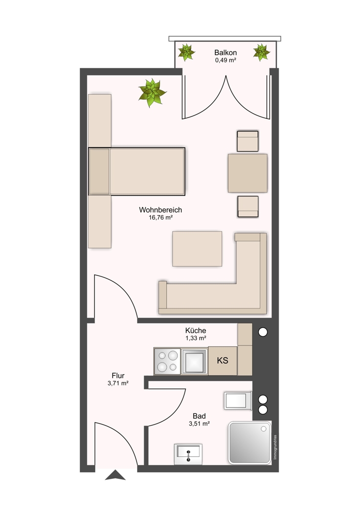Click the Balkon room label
pyautogui.click(x=225, y=53)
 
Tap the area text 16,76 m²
pyautogui.click(x=161, y=217)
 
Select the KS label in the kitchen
pyautogui.click(x=222, y=360)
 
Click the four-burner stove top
pyautogui.click(x=167, y=361)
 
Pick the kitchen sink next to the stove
pyautogui.click(x=194, y=361)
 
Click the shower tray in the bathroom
pyautogui.click(x=250, y=442)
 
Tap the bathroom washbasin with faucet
pyautogui.click(x=188, y=454)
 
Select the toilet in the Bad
pyautogui.click(x=238, y=401)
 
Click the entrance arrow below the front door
pyautogui.click(x=115, y=475)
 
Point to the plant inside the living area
pyautogui.click(x=152, y=92)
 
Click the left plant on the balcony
pyautogui.click(x=187, y=52)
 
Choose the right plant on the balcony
pyautogui.click(x=261, y=52)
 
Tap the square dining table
pyautogui.click(x=247, y=173)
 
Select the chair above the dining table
pyautogui.click(x=247, y=141)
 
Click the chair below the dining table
pyautogui.click(x=248, y=206)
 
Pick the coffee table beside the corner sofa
pyautogui.click(x=197, y=249)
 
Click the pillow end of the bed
pyautogui.click(x=99, y=171)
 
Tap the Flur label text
pyautogui.click(x=118, y=376)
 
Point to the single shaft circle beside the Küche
pyautogui.click(x=263, y=332)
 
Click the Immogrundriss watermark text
pyautogui.click(x=275, y=448)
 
